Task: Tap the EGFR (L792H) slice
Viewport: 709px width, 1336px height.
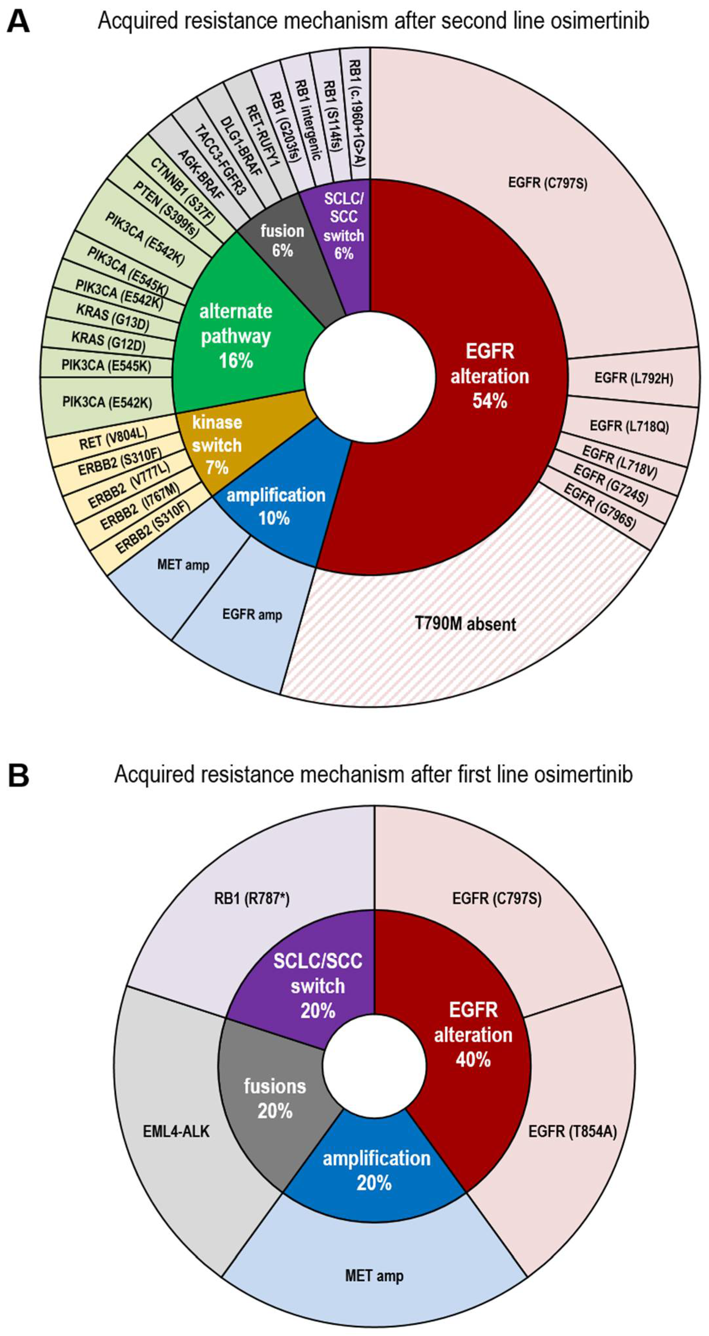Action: click(633, 378)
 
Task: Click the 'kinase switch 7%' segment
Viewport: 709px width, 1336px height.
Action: click(217, 445)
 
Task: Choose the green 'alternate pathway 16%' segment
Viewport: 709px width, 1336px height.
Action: click(236, 336)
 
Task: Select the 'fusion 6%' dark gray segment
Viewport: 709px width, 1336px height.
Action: click(282, 240)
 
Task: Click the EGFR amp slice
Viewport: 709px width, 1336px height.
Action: click(252, 615)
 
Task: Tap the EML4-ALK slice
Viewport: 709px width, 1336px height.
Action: click(176, 1131)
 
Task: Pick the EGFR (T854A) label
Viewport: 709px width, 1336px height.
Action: click(572, 1132)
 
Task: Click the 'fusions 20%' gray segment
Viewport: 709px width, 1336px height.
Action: click(275, 1098)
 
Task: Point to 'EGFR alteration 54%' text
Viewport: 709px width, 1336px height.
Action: click(490, 376)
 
